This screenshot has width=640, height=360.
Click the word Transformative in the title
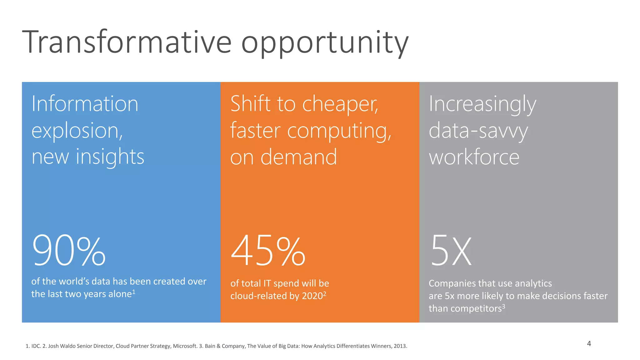click(x=127, y=42)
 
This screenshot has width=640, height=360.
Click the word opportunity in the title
click(x=325, y=44)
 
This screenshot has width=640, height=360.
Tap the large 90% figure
click(x=69, y=251)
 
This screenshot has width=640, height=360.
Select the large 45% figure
click(x=268, y=251)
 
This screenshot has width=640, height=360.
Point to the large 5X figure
click(x=451, y=251)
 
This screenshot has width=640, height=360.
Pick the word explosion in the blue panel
click(x=77, y=131)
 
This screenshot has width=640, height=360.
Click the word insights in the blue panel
click(x=110, y=157)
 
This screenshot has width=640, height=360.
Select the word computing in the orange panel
click(x=339, y=131)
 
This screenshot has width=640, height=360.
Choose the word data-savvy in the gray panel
click(x=478, y=131)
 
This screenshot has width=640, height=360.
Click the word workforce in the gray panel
click(x=474, y=157)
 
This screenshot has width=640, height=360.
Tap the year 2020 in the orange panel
click(x=312, y=296)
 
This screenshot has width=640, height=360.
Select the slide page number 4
click(x=589, y=343)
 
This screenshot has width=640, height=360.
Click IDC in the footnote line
click(x=36, y=346)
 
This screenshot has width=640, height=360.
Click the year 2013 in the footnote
click(x=400, y=346)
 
